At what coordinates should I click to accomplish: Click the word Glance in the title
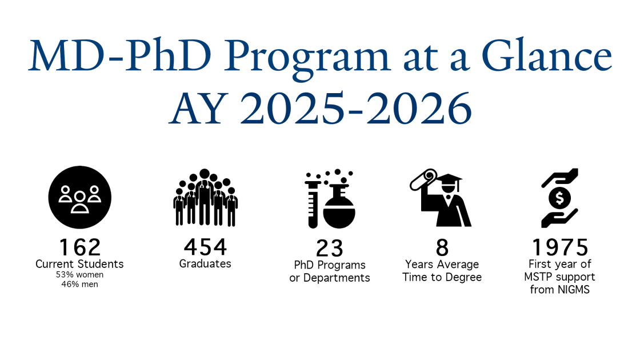pyautogui.click(x=547, y=55)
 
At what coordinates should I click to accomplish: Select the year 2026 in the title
pyautogui.click(x=419, y=108)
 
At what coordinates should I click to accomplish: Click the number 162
pyautogui.click(x=80, y=247)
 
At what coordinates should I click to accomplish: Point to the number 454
pyautogui.click(x=205, y=246)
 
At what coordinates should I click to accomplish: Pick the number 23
pyautogui.click(x=330, y=248)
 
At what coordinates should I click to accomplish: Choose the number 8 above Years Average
pyautogui.click(x=442, y=247)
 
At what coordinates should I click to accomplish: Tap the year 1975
pyautogui.click(x=560, y=247)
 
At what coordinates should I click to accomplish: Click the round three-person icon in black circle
pyautogui.click(x=80, y=197)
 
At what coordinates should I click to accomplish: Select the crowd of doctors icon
pyautogui.click(x=205, y=198)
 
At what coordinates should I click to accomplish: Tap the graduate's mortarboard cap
pyautogui.click(x=448, y=179)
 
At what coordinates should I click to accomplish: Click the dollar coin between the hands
pyautogui.click(x=559, y=198)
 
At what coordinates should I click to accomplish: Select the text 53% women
pyautogui.click(x=79, y=275)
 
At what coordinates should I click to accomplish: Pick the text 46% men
pyautogui.click(x=79, y=284)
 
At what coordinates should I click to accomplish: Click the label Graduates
pyautogui.click(x=205, y=263)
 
